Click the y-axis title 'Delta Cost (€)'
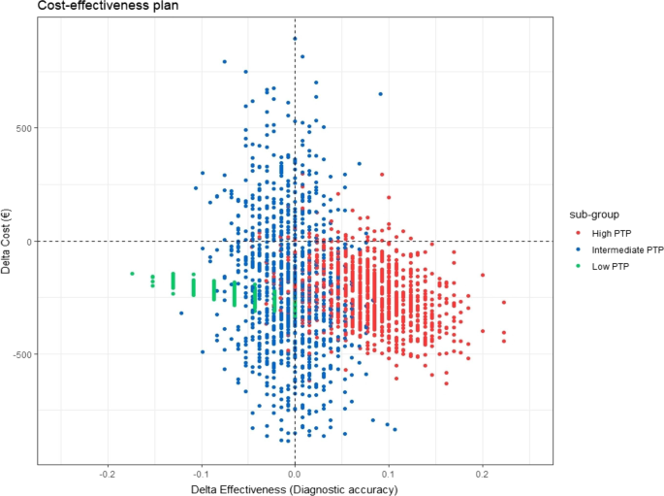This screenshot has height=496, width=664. [x=8, y=241]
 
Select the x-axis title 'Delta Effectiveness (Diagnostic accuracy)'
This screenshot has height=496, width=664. [x=295, y=489]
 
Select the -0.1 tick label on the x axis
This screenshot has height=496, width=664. [x=201, y=474]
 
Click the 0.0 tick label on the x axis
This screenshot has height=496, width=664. [x=295, y=474]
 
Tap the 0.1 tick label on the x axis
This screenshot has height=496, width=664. [x=389, y=474]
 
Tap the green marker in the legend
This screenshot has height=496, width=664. [x=579, y=266]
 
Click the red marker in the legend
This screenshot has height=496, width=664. [x=579, y=233]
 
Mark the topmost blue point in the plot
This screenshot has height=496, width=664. [x=295, y=39]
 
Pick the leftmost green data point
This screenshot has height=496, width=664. [x=133, y=274]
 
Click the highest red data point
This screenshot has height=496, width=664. [x=382, y=175]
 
